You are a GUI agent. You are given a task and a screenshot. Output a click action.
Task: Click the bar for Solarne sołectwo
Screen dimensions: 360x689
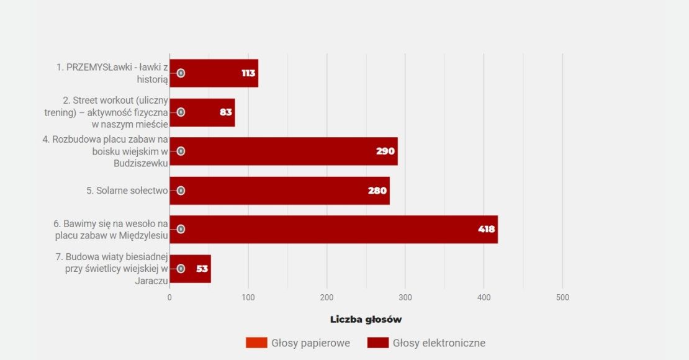point(279,191)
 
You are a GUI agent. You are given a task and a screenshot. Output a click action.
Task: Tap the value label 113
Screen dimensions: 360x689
point(248,73)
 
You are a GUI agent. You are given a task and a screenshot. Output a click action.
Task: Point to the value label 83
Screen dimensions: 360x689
point(226,112)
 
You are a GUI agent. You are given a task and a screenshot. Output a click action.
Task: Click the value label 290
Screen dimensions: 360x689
point(385,151)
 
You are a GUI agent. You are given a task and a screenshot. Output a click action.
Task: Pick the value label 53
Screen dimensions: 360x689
point(202,269)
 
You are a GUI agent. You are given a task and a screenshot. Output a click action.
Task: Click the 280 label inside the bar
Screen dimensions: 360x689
point(377,191)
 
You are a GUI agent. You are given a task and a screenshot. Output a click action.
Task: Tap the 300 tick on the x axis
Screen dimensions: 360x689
point(405,297)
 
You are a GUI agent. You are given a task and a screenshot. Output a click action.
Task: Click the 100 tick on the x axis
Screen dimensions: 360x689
point(248,297)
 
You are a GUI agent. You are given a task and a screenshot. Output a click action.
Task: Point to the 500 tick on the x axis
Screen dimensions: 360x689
point(562,297)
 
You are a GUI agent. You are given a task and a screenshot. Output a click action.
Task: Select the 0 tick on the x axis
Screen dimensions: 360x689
point(169,297)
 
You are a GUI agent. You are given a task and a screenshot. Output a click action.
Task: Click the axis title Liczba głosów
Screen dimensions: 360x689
point(366,320)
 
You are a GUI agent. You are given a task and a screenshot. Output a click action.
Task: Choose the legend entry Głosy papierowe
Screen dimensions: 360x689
point(310,343)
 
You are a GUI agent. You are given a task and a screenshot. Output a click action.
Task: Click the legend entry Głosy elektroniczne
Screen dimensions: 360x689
point(439,343)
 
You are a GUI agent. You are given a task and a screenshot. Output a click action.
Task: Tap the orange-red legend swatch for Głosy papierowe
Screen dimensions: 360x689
point(256,343)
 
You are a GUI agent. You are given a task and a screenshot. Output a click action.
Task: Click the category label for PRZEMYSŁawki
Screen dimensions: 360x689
point(112,73)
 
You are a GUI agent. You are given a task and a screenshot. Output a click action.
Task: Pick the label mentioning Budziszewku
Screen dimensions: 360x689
point(106,151)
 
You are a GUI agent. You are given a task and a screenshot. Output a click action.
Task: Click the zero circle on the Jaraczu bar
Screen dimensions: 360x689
point(181,269)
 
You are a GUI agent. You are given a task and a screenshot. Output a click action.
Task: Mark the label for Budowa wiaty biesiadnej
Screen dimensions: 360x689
point(112,269)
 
